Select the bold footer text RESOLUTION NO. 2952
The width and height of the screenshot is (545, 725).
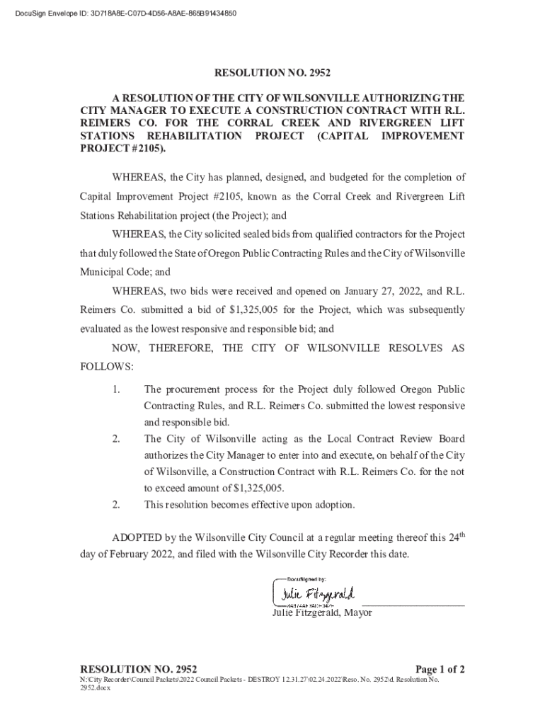click(x=139, y=669)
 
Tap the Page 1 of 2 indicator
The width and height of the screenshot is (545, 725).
click(x=440, y=669)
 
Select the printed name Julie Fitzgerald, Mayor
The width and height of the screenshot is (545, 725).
click(x=322, y=613)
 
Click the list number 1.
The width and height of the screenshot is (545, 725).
click(x=116, y=389)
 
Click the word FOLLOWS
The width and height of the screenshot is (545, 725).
click(x=106, y=367)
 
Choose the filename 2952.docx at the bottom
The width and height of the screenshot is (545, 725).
click(x=96, y=687)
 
